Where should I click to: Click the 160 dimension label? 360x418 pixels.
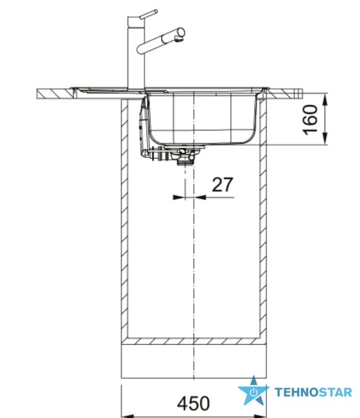[310, 120]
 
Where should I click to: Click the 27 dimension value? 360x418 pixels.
[222, 185]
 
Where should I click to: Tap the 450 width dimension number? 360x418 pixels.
[193, 403]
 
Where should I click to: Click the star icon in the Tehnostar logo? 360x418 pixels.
[253, 391]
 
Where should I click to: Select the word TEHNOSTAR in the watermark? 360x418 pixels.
[314, 393]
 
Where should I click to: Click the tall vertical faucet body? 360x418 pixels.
[136, 53]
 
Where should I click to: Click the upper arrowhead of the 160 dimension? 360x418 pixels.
[325, 100]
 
